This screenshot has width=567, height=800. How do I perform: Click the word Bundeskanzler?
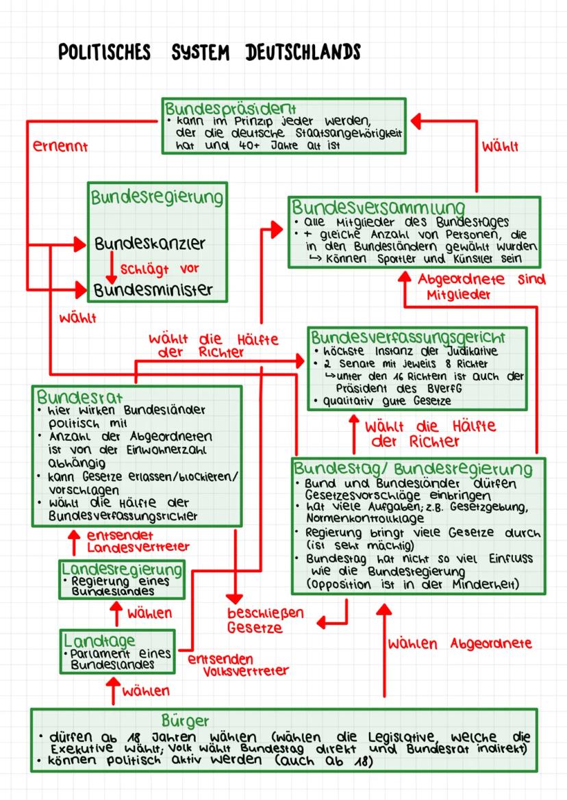[150, 244]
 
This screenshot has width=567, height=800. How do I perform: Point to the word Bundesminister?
[153, 289]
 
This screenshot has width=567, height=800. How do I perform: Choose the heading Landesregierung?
[123, 569]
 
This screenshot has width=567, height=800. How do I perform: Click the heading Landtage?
[92, 641]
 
